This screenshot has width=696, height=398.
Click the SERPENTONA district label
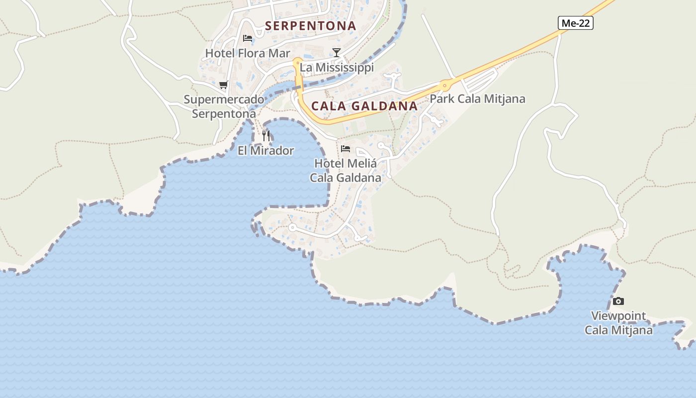pos(311,26)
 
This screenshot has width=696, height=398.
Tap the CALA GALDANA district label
pos(364,106)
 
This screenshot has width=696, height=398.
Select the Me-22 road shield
pos(576,23)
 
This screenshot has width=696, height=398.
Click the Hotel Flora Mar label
pos(248,53)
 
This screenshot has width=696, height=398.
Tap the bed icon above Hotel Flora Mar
pos(248,38)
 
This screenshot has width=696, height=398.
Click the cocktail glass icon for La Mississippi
pos(337,53)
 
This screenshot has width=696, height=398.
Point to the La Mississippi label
pos(337,67)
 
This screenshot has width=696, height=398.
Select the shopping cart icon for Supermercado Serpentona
pos(224,85)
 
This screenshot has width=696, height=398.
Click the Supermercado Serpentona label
pos(224,106)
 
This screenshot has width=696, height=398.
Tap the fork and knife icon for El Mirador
pos(266,135)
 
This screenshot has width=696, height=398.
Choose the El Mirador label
pos(266,151)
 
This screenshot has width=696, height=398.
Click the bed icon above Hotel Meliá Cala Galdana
pos(346,149)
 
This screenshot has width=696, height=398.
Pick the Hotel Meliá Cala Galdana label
pos(346,171)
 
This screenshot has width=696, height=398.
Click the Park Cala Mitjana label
pos(477,99)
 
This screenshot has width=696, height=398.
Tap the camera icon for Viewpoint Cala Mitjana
pos(618,301)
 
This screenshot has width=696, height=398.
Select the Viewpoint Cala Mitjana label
pos(618,323)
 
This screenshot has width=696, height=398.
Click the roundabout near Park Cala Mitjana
pos(444,86)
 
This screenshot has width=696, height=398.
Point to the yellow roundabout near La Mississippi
pos(297,63)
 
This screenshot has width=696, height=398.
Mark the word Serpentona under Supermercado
pos(224,114)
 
